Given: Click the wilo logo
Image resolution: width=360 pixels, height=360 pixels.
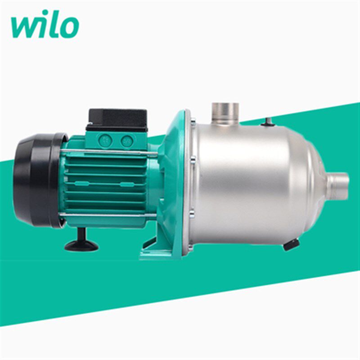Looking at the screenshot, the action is coord(45,24).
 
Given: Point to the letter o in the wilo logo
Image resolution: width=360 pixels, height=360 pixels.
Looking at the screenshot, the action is coord(69,27).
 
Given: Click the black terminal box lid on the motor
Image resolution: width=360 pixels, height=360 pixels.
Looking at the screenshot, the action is coord(117,120).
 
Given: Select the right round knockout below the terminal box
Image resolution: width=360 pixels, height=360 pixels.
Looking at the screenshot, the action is coord(127,141).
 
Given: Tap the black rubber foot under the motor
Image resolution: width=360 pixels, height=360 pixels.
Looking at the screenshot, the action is coord(82,242).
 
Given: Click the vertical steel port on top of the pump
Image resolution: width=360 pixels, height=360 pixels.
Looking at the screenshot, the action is coord(225,113).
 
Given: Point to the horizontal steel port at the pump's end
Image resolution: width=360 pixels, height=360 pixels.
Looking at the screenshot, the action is coord(338,186).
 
